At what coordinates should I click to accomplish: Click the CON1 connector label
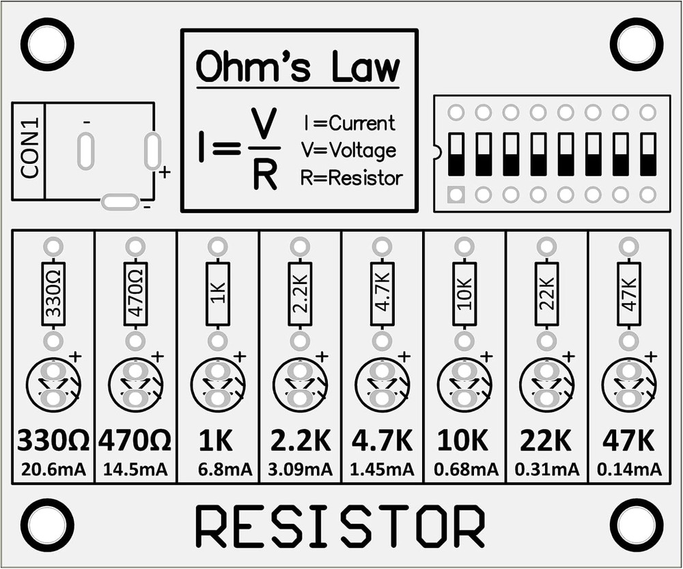coord(29,151)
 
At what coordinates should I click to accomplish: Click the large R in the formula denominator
coord(264,176)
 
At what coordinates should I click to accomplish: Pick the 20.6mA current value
coord(53,469)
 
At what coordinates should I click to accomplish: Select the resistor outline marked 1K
coord(218,294)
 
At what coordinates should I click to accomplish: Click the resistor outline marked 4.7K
coord(382,294)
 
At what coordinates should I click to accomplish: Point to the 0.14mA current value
coord(629,469)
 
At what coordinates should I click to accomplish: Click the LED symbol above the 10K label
coord(464,385)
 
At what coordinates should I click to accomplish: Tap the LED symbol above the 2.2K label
coord(300,385)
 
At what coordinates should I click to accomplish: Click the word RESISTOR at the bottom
coord(339,527)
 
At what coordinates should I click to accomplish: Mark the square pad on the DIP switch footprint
coord(456,195)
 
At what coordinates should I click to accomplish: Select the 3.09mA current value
coord(300,469)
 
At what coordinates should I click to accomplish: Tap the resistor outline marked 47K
coord(629,294)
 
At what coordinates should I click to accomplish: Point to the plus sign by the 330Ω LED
coord(75,356)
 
